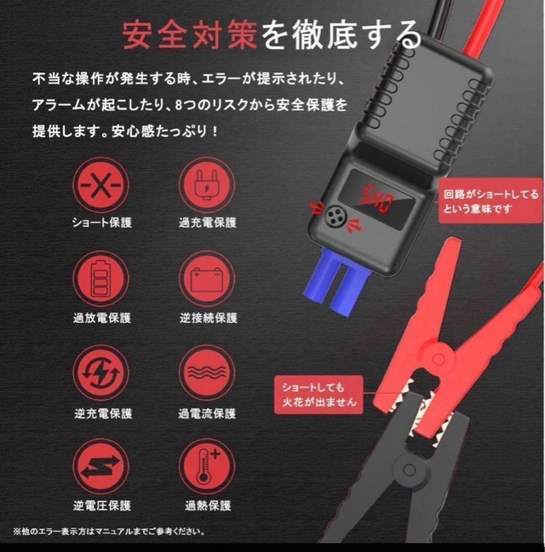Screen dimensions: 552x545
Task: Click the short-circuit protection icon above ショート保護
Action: click(x=101, y=186)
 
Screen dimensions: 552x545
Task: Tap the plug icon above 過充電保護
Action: click(x=207, y=186)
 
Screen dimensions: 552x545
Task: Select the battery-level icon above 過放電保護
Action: click(x=101, y=280)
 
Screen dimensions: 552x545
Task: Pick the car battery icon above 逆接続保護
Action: click(x=207, y=280)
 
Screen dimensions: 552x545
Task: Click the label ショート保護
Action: click(x=102, y=222)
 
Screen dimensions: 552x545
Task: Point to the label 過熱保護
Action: click(x=208, y=506)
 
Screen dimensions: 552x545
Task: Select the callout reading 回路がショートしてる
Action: click(x=483, y=201)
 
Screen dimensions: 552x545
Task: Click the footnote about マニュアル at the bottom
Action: click(x=109, y=532)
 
